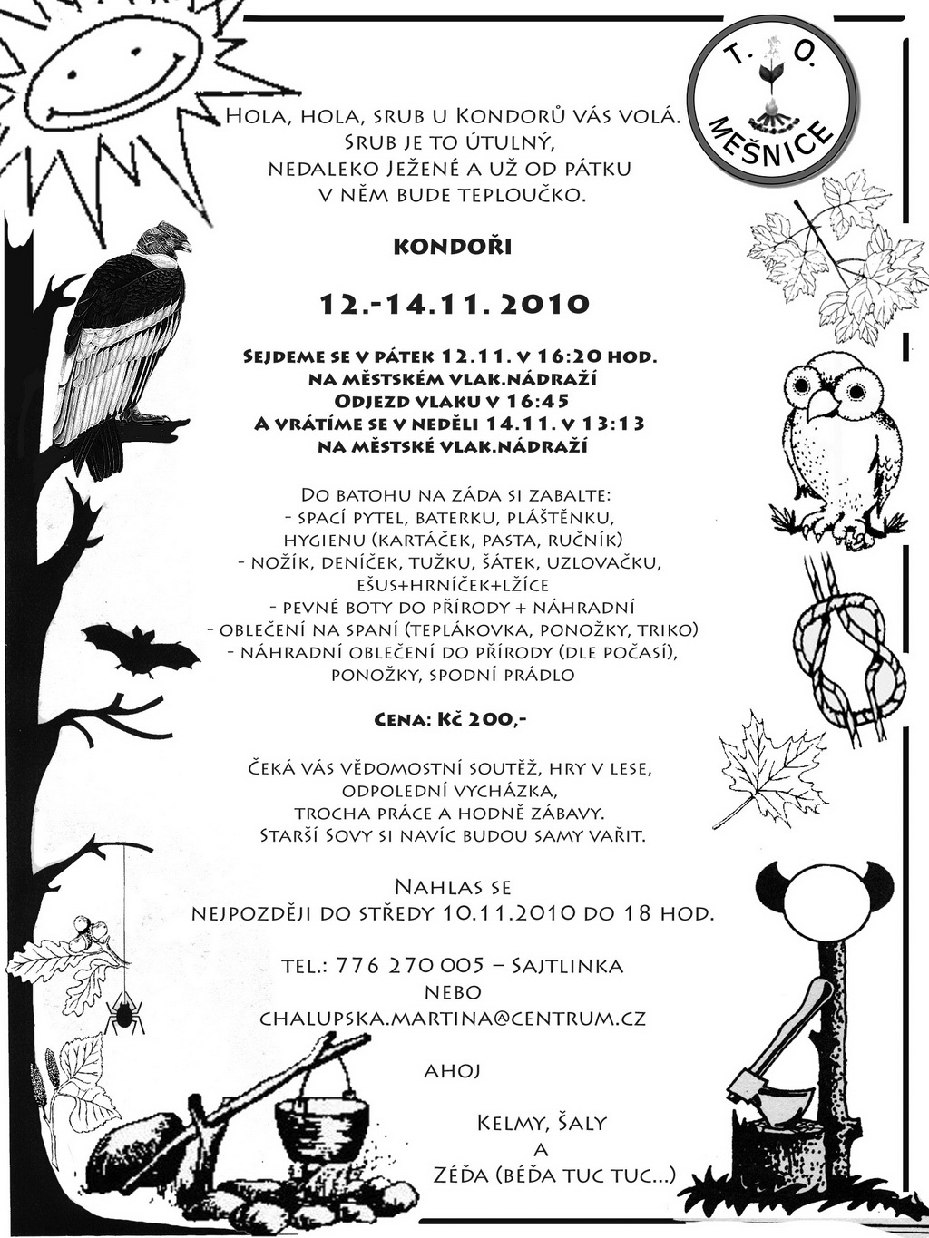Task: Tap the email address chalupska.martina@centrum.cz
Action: tap(453, 1018)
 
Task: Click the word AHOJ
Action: tap(452, 1071)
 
